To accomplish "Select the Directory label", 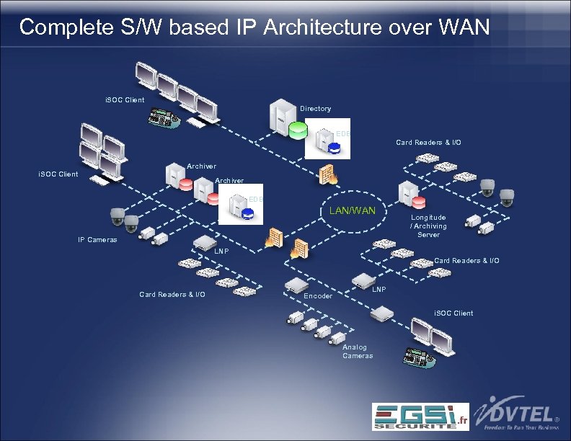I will pos(315,109).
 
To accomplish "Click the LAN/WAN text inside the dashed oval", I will pos(353,210).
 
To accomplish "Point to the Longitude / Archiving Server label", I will pos(428,226).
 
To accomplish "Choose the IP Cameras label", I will pos(97,240).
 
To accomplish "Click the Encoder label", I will pos(318,296).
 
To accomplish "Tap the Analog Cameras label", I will pos(358,351).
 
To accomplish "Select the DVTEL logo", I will pos(518,414).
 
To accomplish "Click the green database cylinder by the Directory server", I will pos(297,130).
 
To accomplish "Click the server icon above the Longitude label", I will pos(410,192).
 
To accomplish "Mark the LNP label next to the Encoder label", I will pos(379,290).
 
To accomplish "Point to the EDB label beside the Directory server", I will pos(343,133).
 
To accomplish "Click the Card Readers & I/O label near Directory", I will pos(428,143).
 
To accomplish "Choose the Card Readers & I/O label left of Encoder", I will pos(172,294).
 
